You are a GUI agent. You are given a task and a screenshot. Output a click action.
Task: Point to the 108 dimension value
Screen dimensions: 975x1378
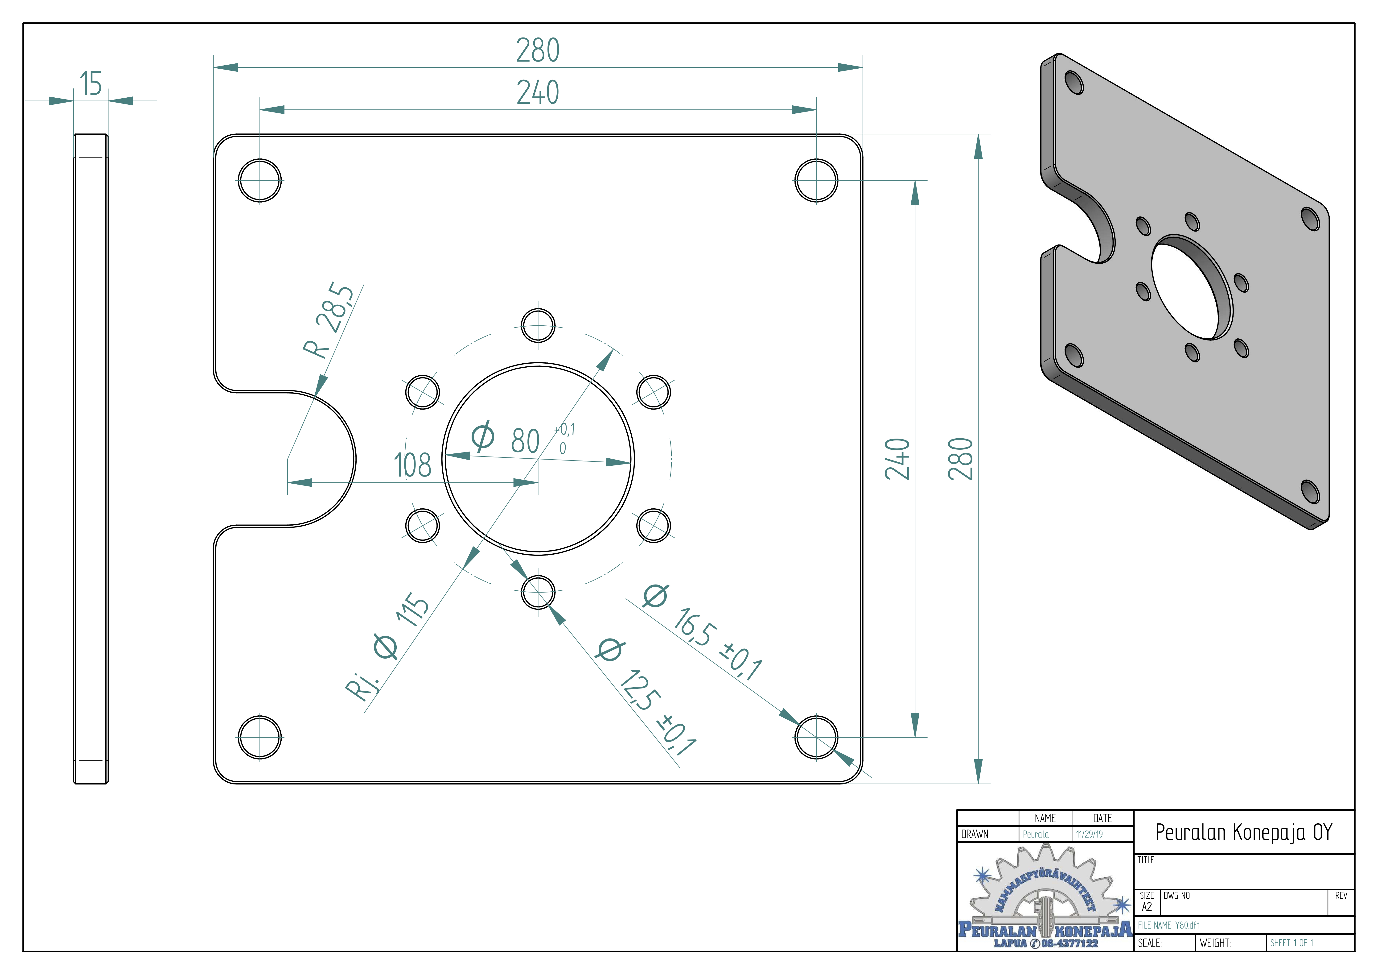click(x=412, y=465)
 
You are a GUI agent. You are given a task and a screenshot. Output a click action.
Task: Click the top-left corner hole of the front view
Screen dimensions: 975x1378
click(x=259, y=180)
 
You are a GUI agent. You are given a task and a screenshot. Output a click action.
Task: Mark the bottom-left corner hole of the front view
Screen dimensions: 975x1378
click(x=259, y=737)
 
